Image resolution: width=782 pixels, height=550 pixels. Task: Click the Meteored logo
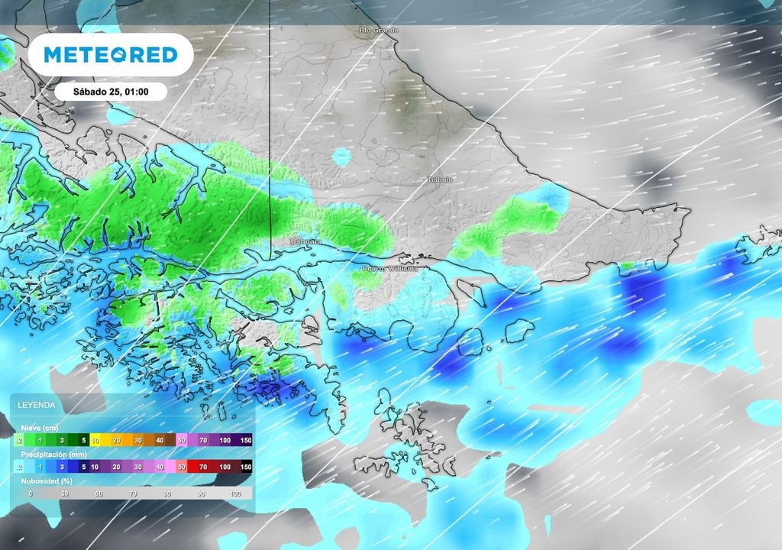tap(111, 55)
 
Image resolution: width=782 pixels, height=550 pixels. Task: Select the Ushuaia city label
tap(305, 241)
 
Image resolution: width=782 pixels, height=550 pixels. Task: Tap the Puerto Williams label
tap(389, 269)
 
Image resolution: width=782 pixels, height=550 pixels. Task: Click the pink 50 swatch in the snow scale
tap(182, 441)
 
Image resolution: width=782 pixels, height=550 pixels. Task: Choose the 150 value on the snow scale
tap(247, 441)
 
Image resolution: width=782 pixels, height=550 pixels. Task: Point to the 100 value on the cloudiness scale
tap(234, 494)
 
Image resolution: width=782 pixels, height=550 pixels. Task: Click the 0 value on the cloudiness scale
tap(31, 494)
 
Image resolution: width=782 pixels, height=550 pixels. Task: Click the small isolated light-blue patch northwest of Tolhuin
tap(341, 157)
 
